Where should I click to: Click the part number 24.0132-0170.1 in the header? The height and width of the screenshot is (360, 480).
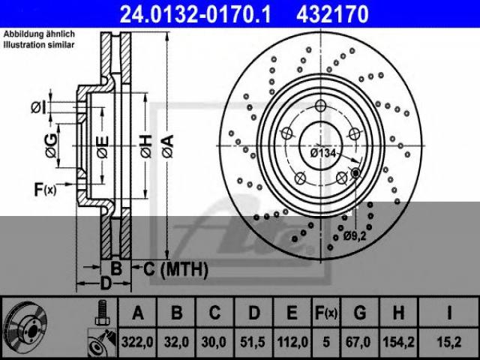coord(195,14)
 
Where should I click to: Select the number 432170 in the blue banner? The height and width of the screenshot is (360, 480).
coord(332,14)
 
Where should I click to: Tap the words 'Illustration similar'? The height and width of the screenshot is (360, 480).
coord(39,45)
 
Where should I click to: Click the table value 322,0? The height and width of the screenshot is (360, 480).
coord(137,342)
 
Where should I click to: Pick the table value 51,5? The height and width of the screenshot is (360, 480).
coord(253,342)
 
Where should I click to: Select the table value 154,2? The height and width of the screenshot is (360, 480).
coord(398,342)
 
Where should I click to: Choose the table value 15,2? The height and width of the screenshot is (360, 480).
coord(448,342)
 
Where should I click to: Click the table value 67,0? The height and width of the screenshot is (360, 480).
coord(358,342)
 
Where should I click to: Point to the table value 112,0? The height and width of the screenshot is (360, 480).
coord(292,342)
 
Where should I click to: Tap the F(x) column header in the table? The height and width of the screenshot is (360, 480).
coord(326,313)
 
